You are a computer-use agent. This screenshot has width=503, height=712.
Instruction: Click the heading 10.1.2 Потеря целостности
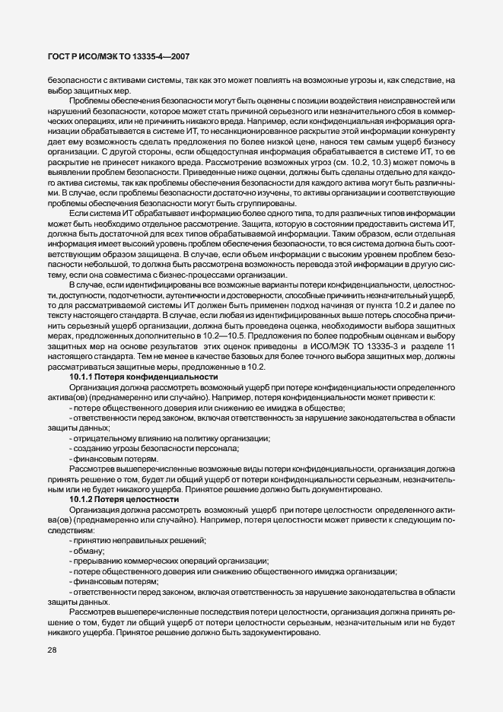click(x=114, y=498)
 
